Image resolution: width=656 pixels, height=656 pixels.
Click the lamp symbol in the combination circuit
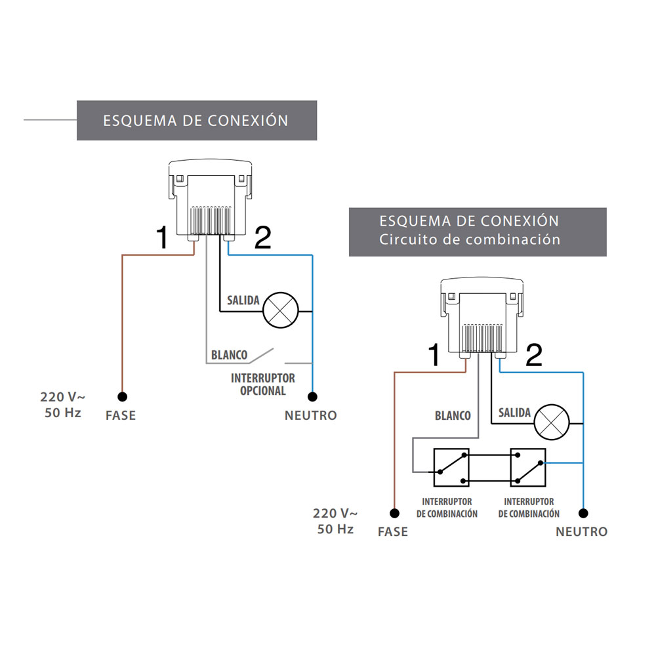(x=552, y=421)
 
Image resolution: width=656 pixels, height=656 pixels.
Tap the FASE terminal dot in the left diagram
(x=122, y=396)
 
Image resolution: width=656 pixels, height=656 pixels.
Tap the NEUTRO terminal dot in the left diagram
(x=313, y=396)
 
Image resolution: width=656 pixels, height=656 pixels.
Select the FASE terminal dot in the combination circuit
(x=394, y=513)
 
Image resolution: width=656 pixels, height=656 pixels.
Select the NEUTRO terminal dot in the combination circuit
(x=583, y=513)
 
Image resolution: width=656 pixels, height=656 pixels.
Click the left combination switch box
(x=451, y=467)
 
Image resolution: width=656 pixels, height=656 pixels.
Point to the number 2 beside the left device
(x=262, y=238)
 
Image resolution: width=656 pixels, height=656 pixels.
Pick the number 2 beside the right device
(x=534, y=355)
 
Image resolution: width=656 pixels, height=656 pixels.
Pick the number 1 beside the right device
(x=434, y=355)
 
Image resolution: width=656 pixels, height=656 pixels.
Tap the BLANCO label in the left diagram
(x=229, y=356)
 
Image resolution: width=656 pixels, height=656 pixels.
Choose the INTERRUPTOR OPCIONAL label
(x=262, y=384)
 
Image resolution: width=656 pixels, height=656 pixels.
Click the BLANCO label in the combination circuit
(x=453, y=415)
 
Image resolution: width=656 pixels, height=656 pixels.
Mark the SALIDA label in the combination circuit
(x=514, y=413)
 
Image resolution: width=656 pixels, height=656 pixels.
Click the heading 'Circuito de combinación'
(x=470, y=239)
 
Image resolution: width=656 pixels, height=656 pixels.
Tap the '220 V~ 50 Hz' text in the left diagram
(x=62, y=405)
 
